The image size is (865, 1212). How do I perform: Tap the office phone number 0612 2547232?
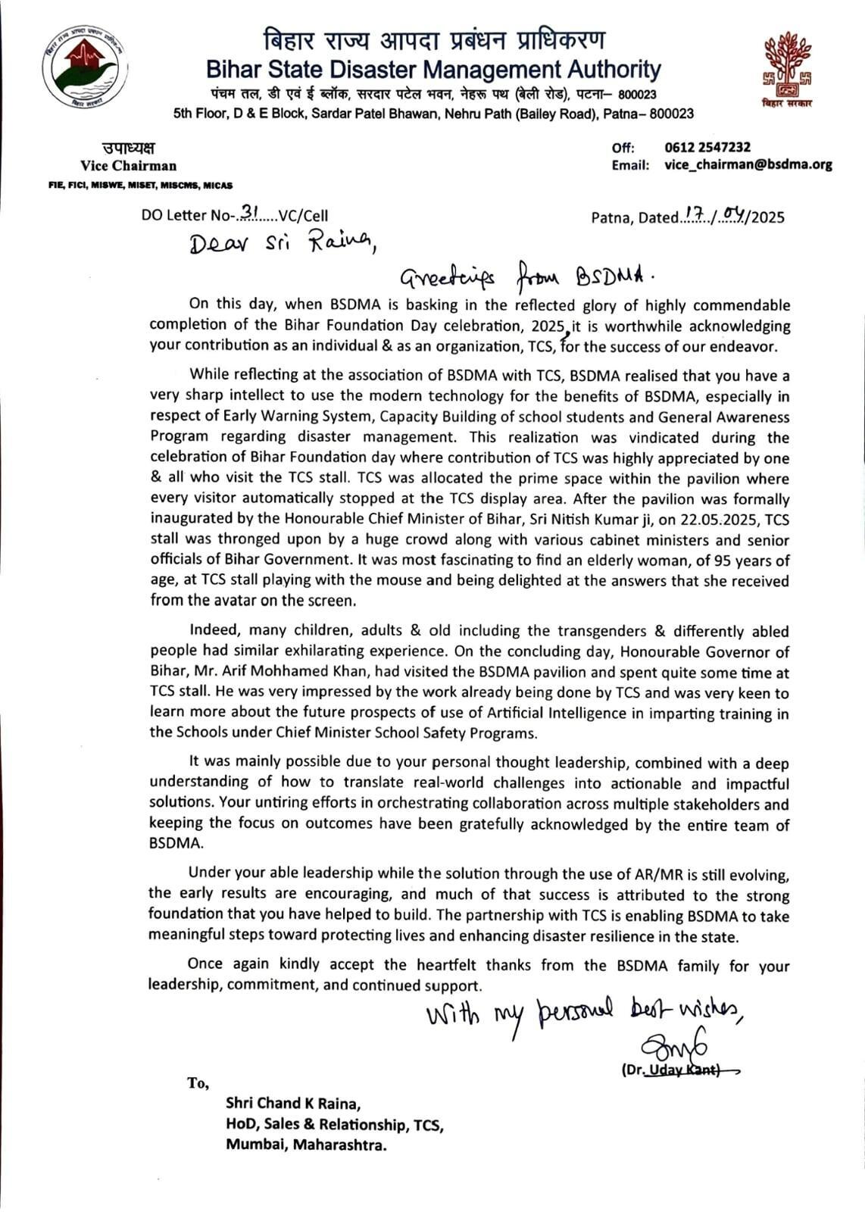pyautogui.click(x=707, y=148)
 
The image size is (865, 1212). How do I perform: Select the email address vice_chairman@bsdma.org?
pyautogui.click(x=748, y=164)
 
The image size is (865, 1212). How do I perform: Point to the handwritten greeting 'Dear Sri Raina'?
pyautogui.click(x=279, y=243)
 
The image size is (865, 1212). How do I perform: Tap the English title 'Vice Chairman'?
pyautogui.click(x=129, y=166)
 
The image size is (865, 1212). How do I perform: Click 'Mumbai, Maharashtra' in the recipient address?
pyautogui.click(x=306, y=1145)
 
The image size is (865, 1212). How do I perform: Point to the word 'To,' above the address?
pyautogui.click(x=198, y=1083)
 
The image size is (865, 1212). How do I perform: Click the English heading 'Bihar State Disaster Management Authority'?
pyautogui.click(x=433, y=70)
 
